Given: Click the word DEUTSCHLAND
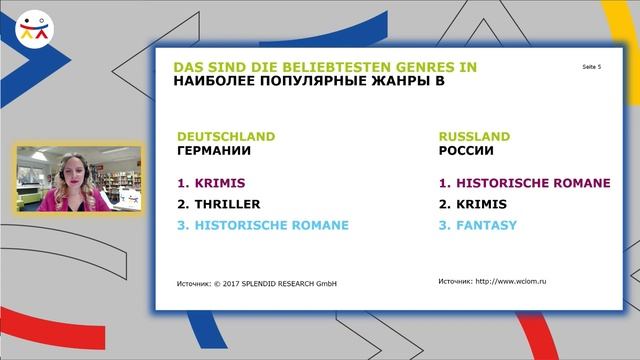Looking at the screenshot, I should pyautogui.click(x=225, y=136).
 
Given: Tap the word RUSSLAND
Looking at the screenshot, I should pyautogui.click(x=474, y=136).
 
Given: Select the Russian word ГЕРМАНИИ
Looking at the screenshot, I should pyautogui.click(x=213, y=151).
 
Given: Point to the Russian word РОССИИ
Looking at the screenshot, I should pyautogui.click(x=466, y=151).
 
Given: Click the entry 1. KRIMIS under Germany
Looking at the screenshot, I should pyautogui.click(x=211, y=184).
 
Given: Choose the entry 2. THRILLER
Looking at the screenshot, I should pyautogui.click(x=219, y=204).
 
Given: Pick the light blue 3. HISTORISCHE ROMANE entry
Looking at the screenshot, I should pyautogui.click(x=263, y=225).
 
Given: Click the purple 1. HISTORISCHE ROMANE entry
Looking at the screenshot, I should pyautogui.click(x=525, y=184).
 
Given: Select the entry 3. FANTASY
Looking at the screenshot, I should pyautogui.click(x=478, y=225).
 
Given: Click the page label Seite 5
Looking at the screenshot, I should pyautogui.click(x=591, y=66).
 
